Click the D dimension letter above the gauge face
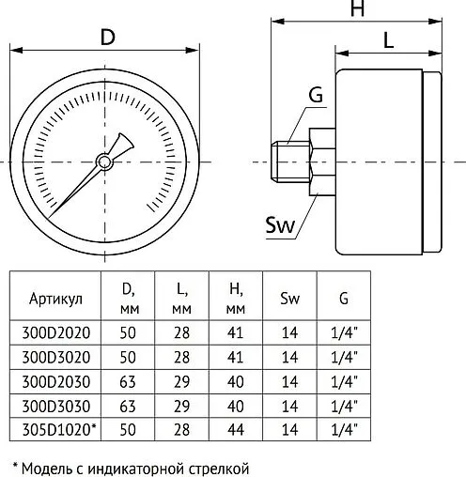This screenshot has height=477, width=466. pyautogui.click(x=108, y=37)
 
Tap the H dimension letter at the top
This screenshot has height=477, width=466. pyautogui.click(x=357, y=8)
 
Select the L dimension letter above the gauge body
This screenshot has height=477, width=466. pyautogui.click(x=388, y=40)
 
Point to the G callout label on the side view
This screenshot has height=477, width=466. pyautogui.click(x=316, y=95)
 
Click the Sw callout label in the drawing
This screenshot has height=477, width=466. pyautogui.click(x=280, y=224)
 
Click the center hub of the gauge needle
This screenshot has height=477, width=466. pyautogui.click(x=104, y=162)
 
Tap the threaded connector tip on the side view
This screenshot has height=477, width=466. pyautogui.click(x=290, y=162)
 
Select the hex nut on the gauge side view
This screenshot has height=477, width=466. pyautogui.click(x=322, y=162)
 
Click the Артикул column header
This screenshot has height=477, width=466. pyautogui.click(x=55, y=299)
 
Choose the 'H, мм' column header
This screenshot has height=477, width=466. pyautogui.click(x=236, y=299)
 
